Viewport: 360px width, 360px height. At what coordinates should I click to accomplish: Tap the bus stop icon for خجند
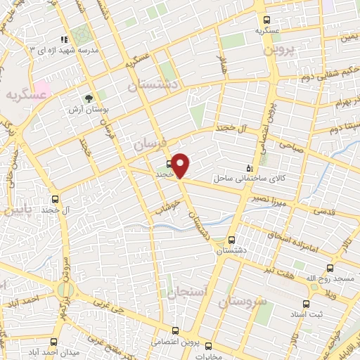tap(169, 165)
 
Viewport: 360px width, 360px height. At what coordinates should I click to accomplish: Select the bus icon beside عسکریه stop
tap(266, 20)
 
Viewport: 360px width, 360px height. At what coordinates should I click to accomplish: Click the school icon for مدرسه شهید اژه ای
tap(64, 39)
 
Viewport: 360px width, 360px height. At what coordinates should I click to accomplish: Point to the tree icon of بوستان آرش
tap(89, 98)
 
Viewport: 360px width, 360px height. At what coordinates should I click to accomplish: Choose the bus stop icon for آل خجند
tap(56, 199)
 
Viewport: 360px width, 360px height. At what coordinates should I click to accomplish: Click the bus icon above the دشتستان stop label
tap(233, 239)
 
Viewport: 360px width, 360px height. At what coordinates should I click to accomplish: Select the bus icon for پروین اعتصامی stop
tap(175, 330)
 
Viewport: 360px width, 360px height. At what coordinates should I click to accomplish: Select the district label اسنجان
tap(187, 290)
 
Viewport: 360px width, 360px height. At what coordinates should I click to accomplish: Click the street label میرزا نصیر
tap(271, 198)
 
